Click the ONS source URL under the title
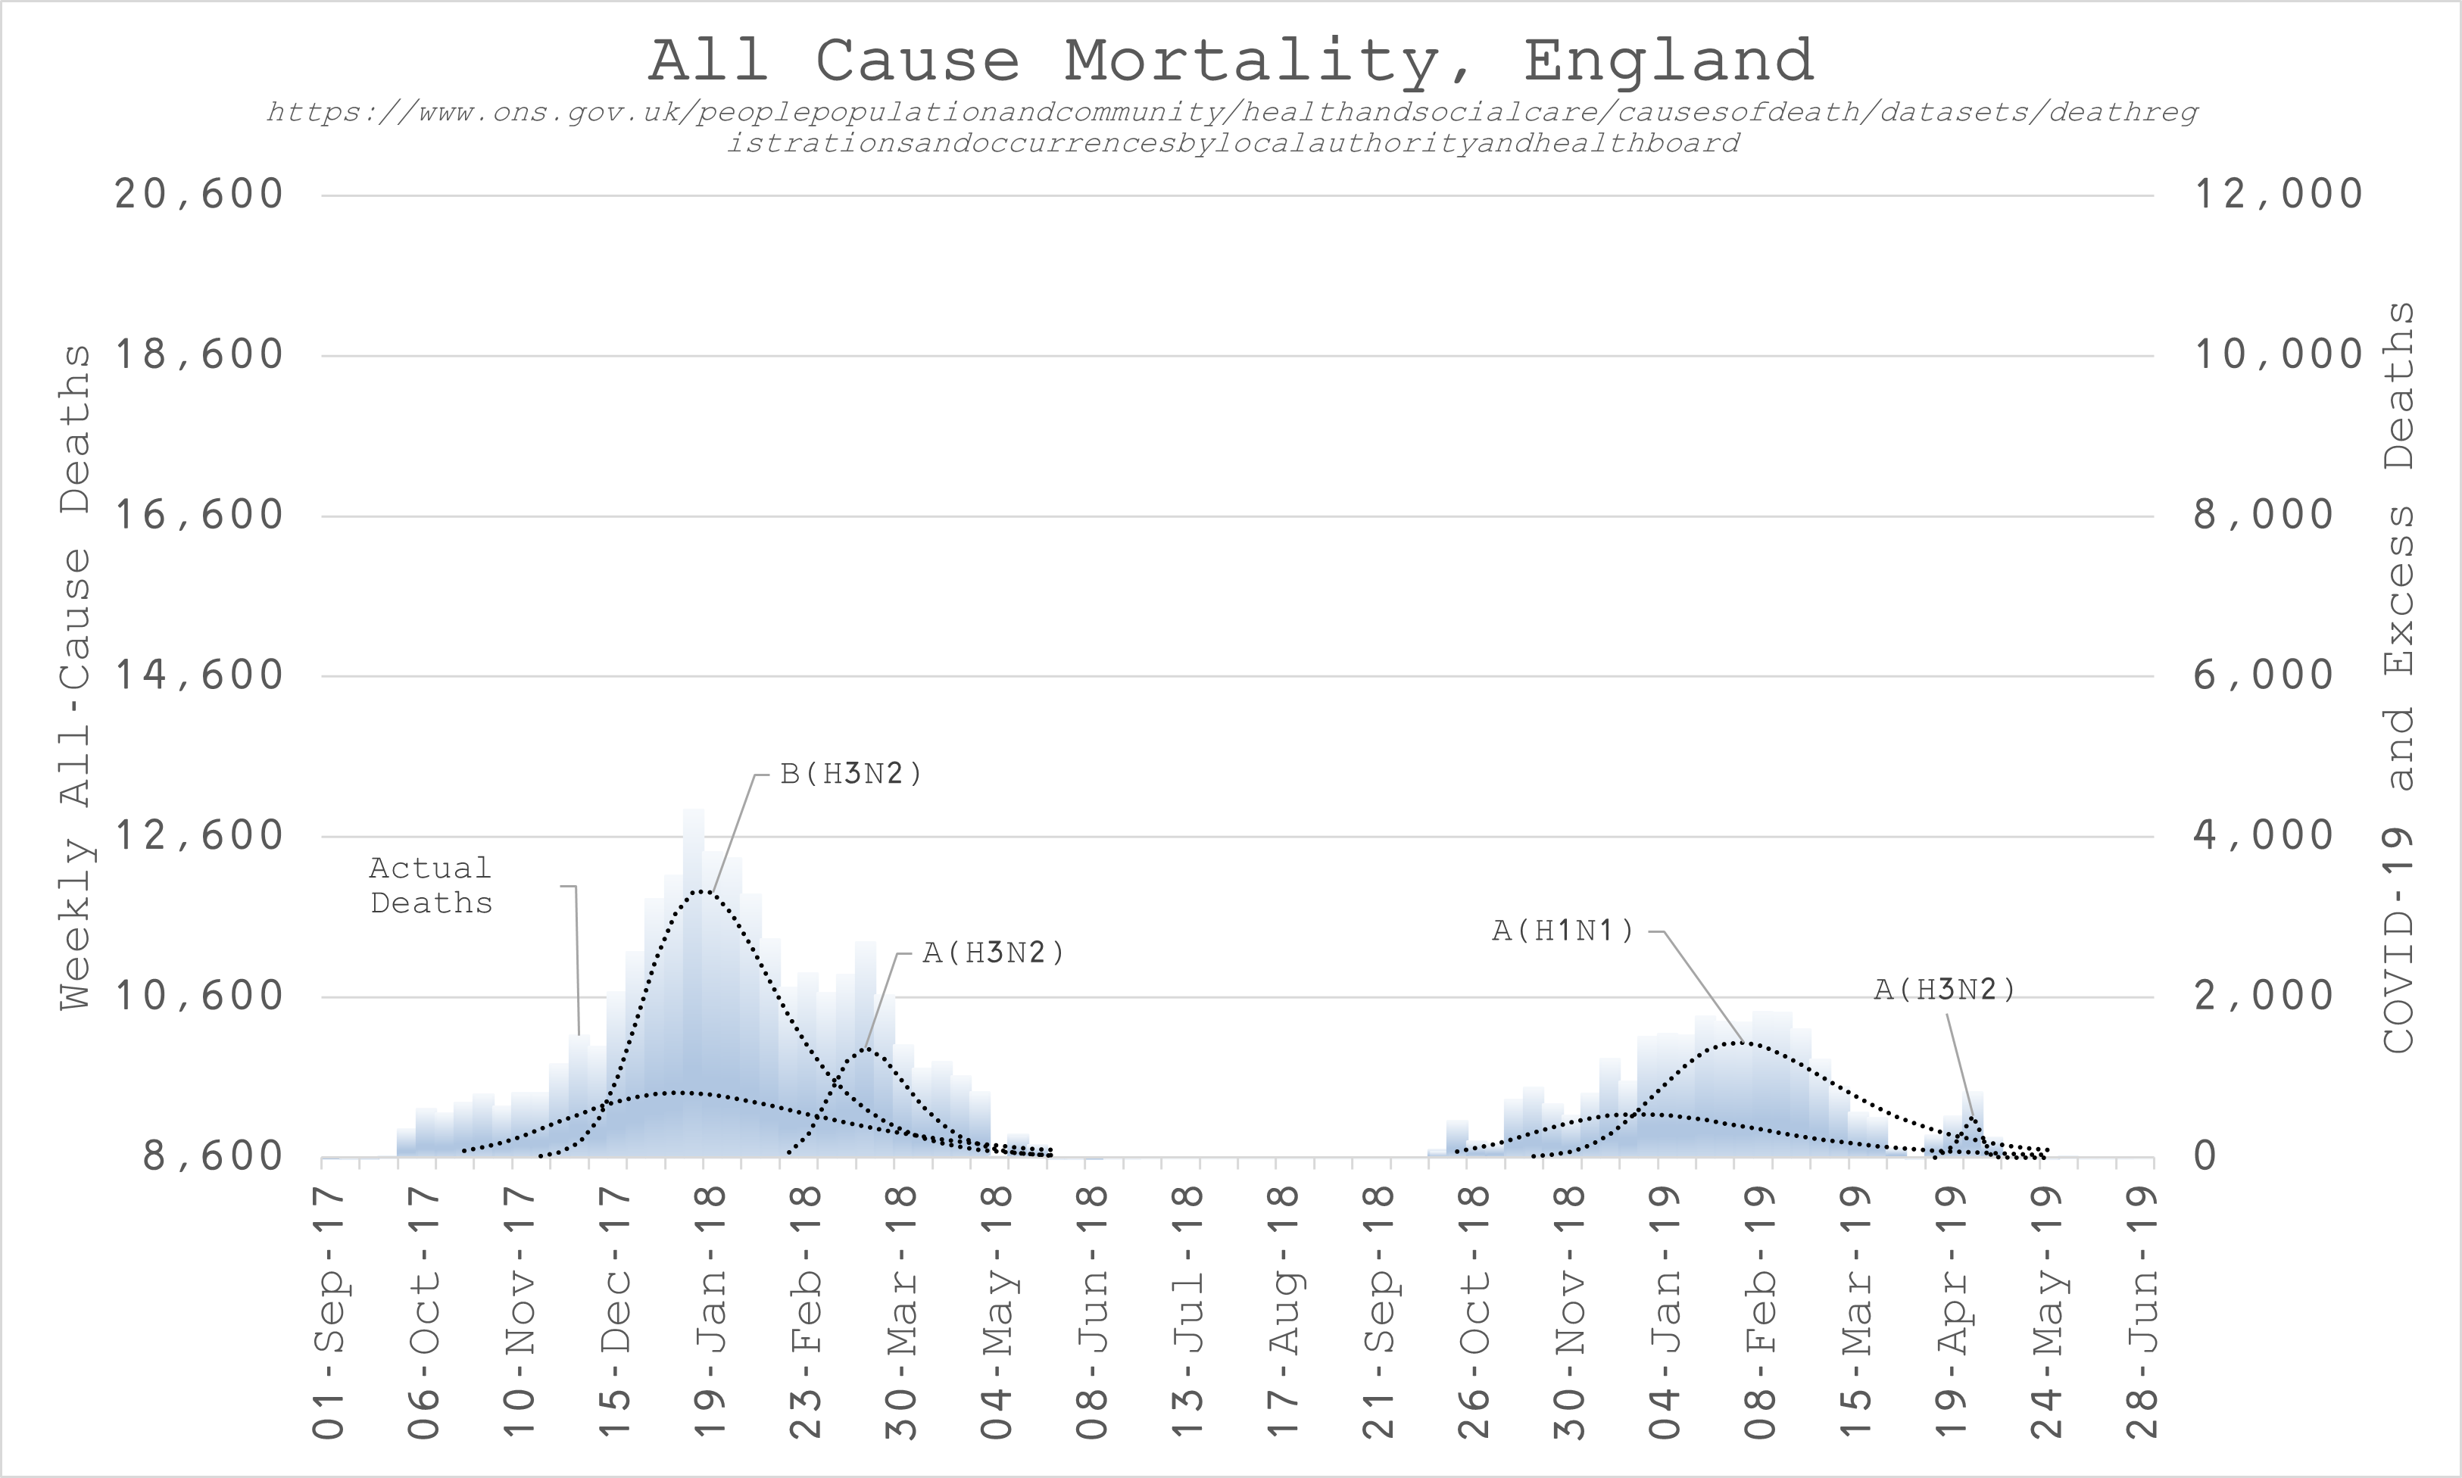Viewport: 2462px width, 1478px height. point(1231,127)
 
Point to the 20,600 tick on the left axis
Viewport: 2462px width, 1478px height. point(199,194)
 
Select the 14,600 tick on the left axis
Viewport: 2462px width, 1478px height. point(199,676)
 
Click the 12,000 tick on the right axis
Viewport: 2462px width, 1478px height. point(2278,194)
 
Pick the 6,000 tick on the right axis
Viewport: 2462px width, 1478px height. point(2264,676)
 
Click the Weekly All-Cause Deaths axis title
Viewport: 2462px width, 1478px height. point(76,677)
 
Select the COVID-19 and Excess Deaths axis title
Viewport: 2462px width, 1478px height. point(2400,677)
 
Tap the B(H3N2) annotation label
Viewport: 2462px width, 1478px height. point(851,774)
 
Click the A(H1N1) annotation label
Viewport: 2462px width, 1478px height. point(1562,931)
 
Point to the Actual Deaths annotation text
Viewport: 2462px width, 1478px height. point(431,885)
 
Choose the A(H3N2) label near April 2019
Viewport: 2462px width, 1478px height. point(1944,990)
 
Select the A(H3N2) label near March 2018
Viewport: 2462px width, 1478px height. point(993,953)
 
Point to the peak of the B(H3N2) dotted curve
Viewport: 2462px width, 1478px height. point(703,890)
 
